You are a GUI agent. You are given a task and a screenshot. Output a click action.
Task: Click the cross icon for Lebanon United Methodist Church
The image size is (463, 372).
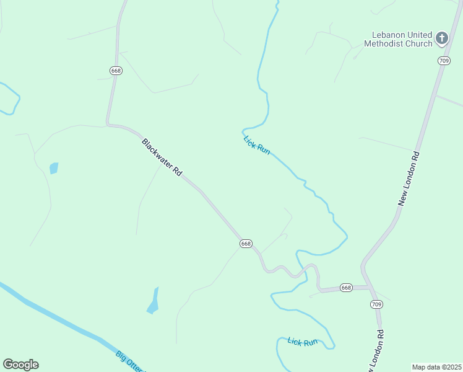coord(441,38)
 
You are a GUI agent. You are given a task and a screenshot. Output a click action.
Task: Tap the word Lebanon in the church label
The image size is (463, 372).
coord(389,35)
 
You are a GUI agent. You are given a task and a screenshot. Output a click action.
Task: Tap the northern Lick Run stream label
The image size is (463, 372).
coord(257,144)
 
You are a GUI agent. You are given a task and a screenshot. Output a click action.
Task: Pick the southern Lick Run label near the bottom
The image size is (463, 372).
coord(302,342)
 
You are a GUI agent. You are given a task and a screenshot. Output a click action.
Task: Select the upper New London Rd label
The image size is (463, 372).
coord(409,179)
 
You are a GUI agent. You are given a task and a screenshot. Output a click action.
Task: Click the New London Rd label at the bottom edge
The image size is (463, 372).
coord(377,350)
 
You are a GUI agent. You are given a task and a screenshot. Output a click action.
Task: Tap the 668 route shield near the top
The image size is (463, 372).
coord(116,71)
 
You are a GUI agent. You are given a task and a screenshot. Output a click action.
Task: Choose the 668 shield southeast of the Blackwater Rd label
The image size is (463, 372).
coord(246,244)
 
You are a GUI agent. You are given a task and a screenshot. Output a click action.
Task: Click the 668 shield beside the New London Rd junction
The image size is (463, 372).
coord(346,288)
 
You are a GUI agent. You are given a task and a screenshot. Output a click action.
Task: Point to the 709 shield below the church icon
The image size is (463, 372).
coord(443,60)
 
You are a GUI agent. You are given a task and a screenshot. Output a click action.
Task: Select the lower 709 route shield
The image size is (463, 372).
coord(376,304)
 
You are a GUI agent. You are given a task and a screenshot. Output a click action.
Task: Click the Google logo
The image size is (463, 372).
coord(20,365)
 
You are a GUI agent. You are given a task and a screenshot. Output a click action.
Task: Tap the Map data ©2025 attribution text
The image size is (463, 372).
coord(436,367)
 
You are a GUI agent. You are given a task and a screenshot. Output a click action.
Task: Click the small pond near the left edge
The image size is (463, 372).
coord(54,168)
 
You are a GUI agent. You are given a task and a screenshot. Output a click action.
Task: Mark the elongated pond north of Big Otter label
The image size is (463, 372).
coord(153,302)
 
